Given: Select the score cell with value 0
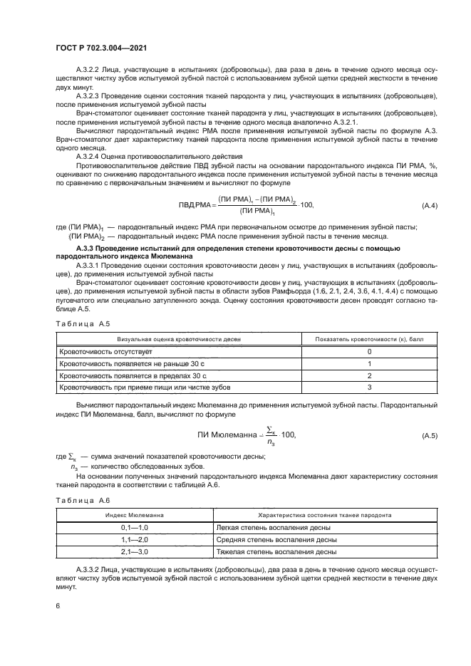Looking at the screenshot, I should (x=369, y=352).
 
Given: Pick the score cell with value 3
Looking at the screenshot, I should (x=369, y=387).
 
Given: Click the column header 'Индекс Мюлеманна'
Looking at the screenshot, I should (x=135, y=514).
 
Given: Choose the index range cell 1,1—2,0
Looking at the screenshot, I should (x=135, y=539).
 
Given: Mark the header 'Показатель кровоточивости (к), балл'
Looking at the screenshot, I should (x=369, y=339).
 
